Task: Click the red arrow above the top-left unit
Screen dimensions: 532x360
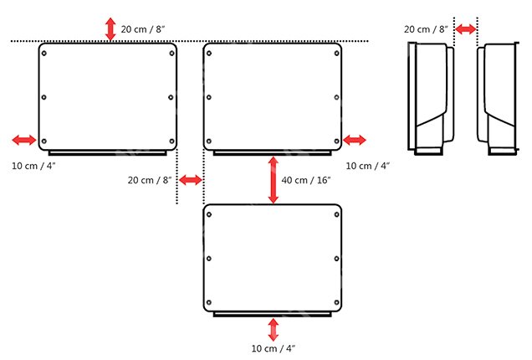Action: pyautogui.click(x=110, y=29)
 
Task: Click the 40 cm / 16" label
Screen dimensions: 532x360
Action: pyautogui.click(x=306, y=180)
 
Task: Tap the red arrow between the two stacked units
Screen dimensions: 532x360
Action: pyautogui.click(x=274, y=180)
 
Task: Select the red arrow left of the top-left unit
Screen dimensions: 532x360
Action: pyautogui.click(x=24, y=140)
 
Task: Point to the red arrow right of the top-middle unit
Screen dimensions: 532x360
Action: pyautogui.click(x=355, y=140)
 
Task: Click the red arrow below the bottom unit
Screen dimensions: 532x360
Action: pyautogui.click(x=274, y=330)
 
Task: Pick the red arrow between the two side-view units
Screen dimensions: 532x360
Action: pyautogui.click(x=465, y=29)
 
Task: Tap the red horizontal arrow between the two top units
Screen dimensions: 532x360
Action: pyautogui.click(x=191, y=180)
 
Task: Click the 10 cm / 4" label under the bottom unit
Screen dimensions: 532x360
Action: pyautogui.click(x=274, y=348)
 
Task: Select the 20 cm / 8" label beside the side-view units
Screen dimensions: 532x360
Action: pyautogui.click(x=426, y=29)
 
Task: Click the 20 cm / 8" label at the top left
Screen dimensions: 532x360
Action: pyautogui.click(x=143, y=29)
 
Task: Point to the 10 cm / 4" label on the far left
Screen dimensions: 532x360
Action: pyautogui.click(x=33, y=166)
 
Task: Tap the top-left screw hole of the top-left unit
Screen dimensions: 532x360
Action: pyautogui.click(x=43, y=54)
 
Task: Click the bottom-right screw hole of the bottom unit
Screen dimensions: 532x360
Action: pyautogui.click(x=336, y=302)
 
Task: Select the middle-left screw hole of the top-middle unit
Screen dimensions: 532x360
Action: pyautogui.click(x=208, y=97)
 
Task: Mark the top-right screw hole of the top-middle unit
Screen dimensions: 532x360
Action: pyautogui.click(x=336, y=54)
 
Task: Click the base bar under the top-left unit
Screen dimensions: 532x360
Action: pyautogui.click(x=108, y=153)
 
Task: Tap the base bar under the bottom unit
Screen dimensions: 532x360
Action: pyautogui.click(x=273, y=315)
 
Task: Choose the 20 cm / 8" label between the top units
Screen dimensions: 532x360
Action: pyautogui.click(x=150, y=180)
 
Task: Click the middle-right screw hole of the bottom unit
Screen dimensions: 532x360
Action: pyautogui.click(x=336, y=259)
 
